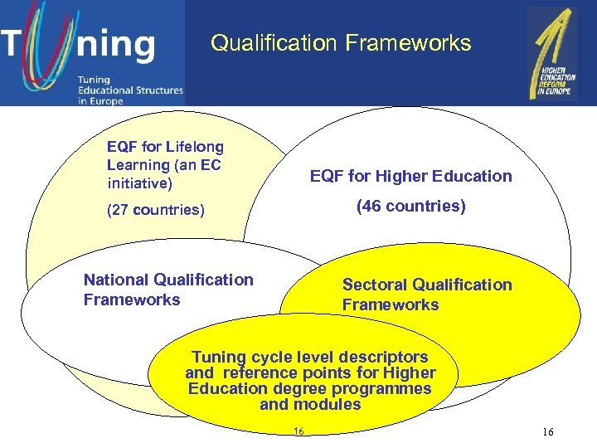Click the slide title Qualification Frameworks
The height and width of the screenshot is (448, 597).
[341, 43]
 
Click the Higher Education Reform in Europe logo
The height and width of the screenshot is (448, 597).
[552, 54]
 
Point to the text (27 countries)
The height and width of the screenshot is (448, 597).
[156, 210]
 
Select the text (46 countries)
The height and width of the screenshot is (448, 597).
[410, 206]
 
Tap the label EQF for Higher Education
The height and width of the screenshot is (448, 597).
[410, 176]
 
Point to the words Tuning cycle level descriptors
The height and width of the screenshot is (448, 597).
[310, 357]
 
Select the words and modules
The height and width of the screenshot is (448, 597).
[310, 405]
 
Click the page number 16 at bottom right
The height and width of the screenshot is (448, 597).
[548, 432]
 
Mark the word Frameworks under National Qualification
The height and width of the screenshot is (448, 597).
[132, 299]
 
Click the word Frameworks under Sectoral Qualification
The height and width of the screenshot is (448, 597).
[391, 304]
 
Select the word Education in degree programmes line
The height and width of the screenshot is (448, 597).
[223, 388]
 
